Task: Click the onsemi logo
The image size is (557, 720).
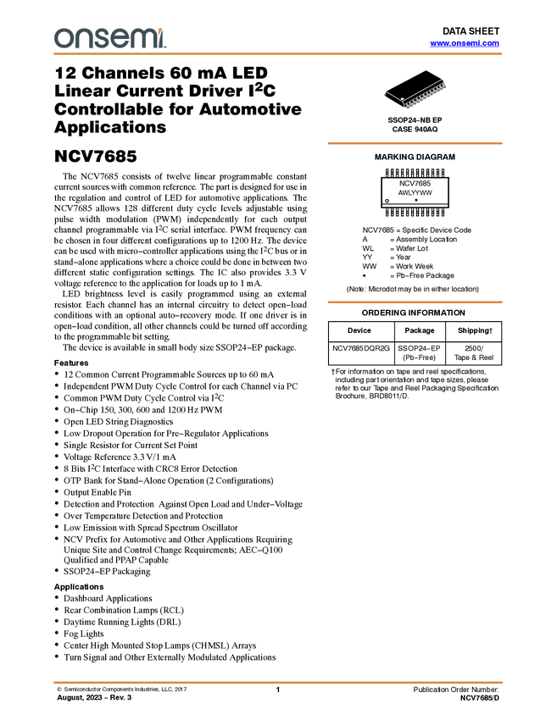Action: tap(110, 38)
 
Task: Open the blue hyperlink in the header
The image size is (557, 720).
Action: tap(465, 43)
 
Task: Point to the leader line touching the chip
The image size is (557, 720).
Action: tap(393, 95)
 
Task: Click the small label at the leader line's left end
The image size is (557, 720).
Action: tap(384, 90)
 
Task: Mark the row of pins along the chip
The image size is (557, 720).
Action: tap(425, 99)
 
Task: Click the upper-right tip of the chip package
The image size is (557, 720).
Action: tap(445, 80)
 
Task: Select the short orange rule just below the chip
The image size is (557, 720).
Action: tap(415, 143)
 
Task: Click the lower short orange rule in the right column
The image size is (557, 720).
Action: tap(415, 302)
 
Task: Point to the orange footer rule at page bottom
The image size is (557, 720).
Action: tap(278, 682)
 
